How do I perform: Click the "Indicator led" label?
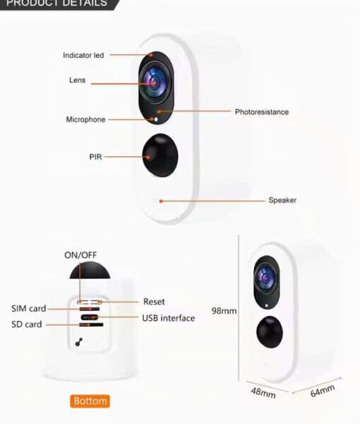click(x=83, y=55)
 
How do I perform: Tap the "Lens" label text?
click(x=77, y=80)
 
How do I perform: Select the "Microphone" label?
click(x=85, y=119)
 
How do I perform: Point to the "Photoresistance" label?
click(x=262, y=112)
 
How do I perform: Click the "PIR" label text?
click(x=95, y=157)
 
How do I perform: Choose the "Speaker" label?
click(x=282, y=200)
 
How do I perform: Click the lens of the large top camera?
click(x=155, y=82)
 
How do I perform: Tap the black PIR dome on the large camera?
click(x=160, y=155)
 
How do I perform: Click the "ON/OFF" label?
click(x=80, y=255)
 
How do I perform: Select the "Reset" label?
click(x=154, y=302)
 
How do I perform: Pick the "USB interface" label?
click(x=169, y=318)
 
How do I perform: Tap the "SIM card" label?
click(x=29, y=308)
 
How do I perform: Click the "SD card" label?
click(x=26, y=324)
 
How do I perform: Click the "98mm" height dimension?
click(x=224, y=311)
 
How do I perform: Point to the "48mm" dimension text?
click(x=263, y=393)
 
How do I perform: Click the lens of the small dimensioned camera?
click(x=266, y=278)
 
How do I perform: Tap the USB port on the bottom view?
click(x=90, y=317)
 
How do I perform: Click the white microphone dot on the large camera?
click(x=156, y=119)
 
